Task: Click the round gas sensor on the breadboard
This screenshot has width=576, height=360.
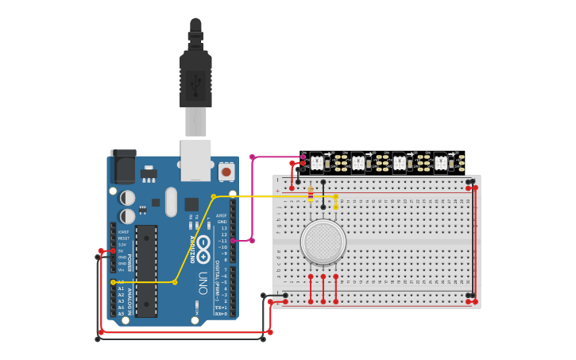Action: click(323, 242)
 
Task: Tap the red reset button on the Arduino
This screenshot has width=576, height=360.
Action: click(226, 171)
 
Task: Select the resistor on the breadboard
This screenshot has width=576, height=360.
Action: click(311, 193)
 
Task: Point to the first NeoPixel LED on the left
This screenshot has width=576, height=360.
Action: click(317, 163)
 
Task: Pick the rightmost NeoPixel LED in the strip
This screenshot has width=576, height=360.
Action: click(440, 163)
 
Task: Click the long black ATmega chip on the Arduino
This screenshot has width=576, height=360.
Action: click(145, 270)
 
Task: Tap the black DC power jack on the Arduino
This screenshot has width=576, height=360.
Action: click(123, 166)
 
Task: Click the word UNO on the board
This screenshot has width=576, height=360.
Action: click(203, 282)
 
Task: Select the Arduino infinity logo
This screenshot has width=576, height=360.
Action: click(203, 248)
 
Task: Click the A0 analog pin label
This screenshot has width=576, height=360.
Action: click(121, 282)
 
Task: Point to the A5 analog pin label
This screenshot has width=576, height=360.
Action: click(121, 314)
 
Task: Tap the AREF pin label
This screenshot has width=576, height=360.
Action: click(221, 215)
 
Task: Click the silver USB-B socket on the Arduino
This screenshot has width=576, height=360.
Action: click(195, 159)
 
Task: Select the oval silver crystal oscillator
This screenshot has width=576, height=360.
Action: click(171, 202)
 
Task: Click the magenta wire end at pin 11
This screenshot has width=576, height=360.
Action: click(233, 240)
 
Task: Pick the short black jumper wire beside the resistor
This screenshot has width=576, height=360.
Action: click(323, 194)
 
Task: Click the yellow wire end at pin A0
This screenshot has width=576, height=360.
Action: click(113, 282)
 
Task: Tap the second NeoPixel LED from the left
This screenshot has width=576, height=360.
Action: click(358, 163)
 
